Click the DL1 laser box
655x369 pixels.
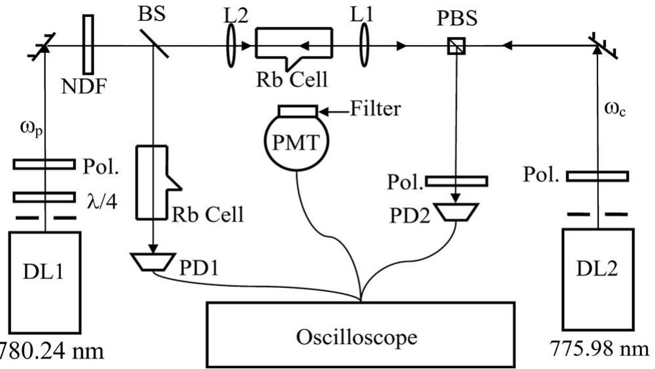point(44,284)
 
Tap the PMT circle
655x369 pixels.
point(297,143)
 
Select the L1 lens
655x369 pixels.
point(363,46)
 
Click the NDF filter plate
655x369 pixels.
point(88,44)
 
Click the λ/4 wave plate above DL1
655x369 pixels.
point(44,197)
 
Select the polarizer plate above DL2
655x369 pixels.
point(597,176)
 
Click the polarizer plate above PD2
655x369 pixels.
point(456,180)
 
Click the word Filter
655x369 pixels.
point(376,108)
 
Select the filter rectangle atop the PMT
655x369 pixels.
point(298,110)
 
